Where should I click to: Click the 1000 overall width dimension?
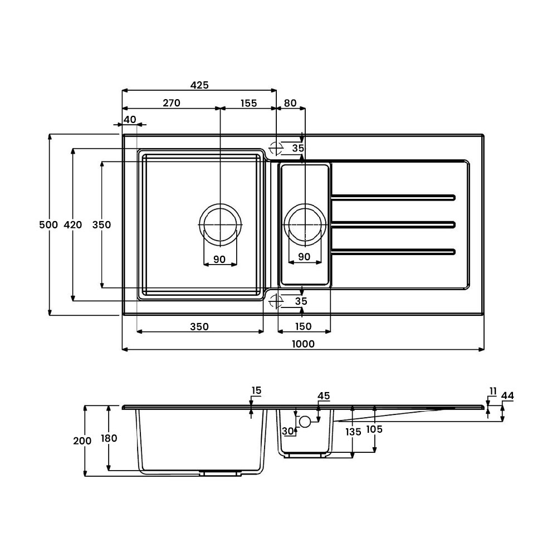[303, 344]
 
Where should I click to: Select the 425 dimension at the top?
[199, 85]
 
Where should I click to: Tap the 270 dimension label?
[172, 103]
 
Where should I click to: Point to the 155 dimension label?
[248, 104]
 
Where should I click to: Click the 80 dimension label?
[290, 103]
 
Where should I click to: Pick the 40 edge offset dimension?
[130, 120]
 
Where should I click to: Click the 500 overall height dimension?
[48, 225]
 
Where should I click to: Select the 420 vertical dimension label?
[73, 225]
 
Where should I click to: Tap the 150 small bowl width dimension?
[304, 326]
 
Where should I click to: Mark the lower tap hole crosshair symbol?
[276, 301]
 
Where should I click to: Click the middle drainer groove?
[393, 224]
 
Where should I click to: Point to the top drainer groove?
[393, 198]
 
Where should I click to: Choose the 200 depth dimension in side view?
[82, 441]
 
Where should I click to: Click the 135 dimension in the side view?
[353, 432]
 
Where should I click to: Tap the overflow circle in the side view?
[305, 421]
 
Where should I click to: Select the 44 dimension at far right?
[507, 395]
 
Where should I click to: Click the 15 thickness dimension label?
[256, 390]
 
